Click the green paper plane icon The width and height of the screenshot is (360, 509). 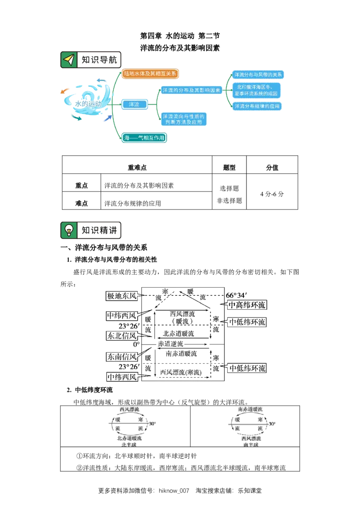click(68, 59)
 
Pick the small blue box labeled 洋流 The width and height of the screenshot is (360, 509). click(134, 104)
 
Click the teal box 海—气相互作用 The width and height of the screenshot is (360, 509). click(144, 138)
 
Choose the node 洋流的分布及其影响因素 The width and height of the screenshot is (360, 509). click(191, 90)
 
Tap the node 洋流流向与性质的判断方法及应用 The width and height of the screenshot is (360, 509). click(184, 119)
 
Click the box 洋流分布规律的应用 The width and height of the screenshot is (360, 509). click(257, 107)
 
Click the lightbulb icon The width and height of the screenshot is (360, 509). click(68, 230)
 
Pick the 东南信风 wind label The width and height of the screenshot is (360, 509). click(122, 357)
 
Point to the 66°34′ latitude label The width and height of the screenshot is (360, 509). click(237, 295)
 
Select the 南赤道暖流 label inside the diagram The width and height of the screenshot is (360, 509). click(181, 354)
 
